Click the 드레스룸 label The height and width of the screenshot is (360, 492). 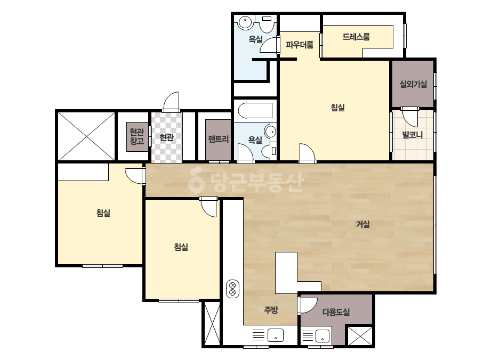(356, 37)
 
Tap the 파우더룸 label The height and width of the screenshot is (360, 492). (300, 45)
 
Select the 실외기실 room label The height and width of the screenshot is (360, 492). (413, 84)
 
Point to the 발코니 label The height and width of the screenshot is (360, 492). (413, 135)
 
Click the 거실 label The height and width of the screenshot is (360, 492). (362, 224)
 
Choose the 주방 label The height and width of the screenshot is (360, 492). (271, 310)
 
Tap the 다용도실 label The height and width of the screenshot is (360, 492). (336, 312)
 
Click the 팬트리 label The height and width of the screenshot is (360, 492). (219, 139)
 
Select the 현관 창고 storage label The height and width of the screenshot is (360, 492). (137, 136)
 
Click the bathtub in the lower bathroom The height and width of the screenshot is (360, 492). (255, 111)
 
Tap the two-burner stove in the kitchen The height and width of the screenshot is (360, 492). (232, 289)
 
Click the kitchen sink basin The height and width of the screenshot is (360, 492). (276, 335)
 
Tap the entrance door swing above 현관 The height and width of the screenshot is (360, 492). (171, 102)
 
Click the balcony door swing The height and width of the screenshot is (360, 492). (409, 118)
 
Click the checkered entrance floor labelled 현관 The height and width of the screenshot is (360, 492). (167, 137)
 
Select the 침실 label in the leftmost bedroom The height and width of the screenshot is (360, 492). (103, 213)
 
